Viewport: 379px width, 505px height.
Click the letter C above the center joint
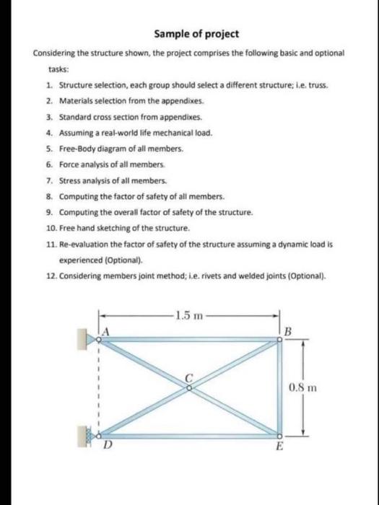click(x=191, y=375)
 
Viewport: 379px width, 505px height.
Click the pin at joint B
click(x=279, y=340)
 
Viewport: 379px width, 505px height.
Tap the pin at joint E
click(x=279, y=435)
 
